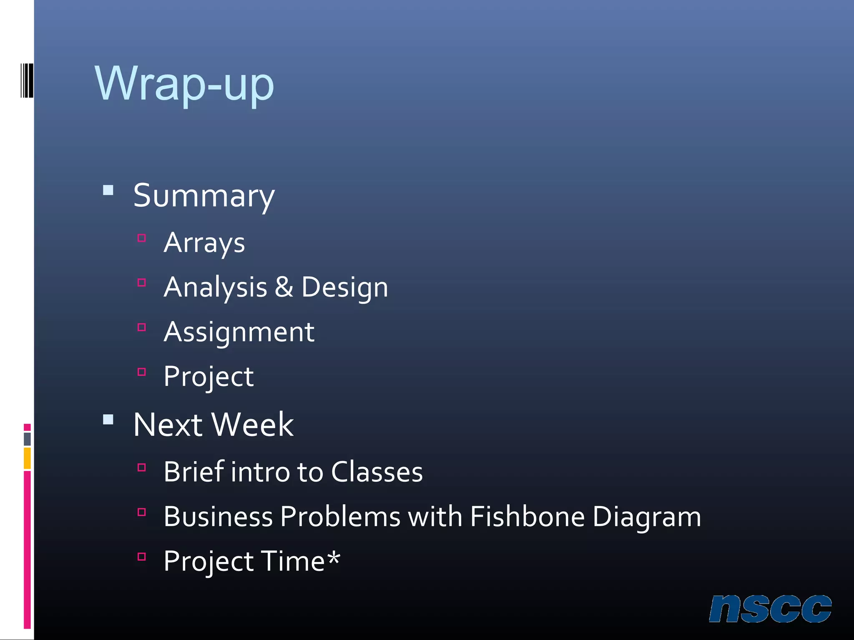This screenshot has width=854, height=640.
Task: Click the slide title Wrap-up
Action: [x=184, y=84]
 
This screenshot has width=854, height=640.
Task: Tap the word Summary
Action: [x=204, y=196]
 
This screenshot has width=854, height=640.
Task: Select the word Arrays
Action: [x=204, y=243]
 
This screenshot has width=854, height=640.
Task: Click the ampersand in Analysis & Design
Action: [x=284, y=287]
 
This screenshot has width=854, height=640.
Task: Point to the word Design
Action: [x=344, y=288]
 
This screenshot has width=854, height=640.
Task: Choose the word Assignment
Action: [x=239, y=332]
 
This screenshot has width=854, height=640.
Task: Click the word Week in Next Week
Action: [x=253, y=425]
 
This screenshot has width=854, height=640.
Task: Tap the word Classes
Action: [x=377, y=472]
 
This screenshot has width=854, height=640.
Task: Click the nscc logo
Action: [x=770, y=609]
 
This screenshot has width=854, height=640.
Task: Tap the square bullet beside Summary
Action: [x=108, y=190]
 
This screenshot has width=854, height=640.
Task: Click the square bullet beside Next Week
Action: [x=108, y=419]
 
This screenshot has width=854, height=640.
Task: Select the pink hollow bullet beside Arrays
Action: [x=142, y=238]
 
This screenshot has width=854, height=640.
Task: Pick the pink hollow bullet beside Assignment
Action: [x=142, y=327]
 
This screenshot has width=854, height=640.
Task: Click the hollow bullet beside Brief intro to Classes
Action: [x=142, y=467]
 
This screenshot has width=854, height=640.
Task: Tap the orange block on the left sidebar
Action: [x=28, y=458]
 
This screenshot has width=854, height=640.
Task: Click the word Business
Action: [x=218, y=517]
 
